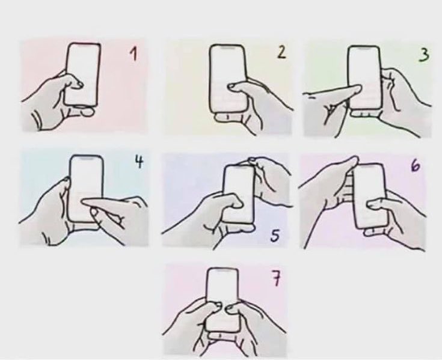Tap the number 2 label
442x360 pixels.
point(281,52)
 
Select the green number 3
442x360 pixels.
point(425,55)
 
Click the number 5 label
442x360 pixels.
point(274,236)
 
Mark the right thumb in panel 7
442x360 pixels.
point(232,308)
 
